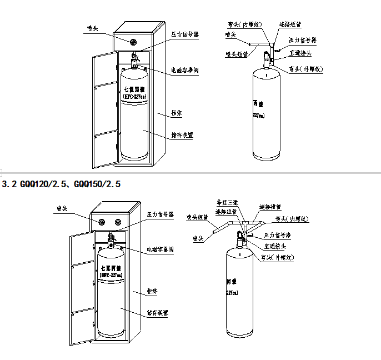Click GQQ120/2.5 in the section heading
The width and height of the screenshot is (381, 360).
click(x=45, y=183)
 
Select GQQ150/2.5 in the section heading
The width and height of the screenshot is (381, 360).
click(x=98, y=183)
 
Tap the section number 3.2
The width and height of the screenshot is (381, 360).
click(x=9, y=183)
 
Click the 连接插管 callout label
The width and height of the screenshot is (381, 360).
click(x=270, y=207)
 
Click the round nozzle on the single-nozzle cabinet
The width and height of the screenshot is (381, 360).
click(x=133, y=42)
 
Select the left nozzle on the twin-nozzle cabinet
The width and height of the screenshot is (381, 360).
click(x=102, y=222)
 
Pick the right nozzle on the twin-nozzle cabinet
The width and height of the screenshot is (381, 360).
click(x=118, y=222)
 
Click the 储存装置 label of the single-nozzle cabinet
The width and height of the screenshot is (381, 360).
click(x=182, y=135)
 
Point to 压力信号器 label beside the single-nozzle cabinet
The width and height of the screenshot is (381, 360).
click(x=185, y=34)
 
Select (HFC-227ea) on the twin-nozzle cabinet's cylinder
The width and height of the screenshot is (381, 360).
click(x=111, y=275)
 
